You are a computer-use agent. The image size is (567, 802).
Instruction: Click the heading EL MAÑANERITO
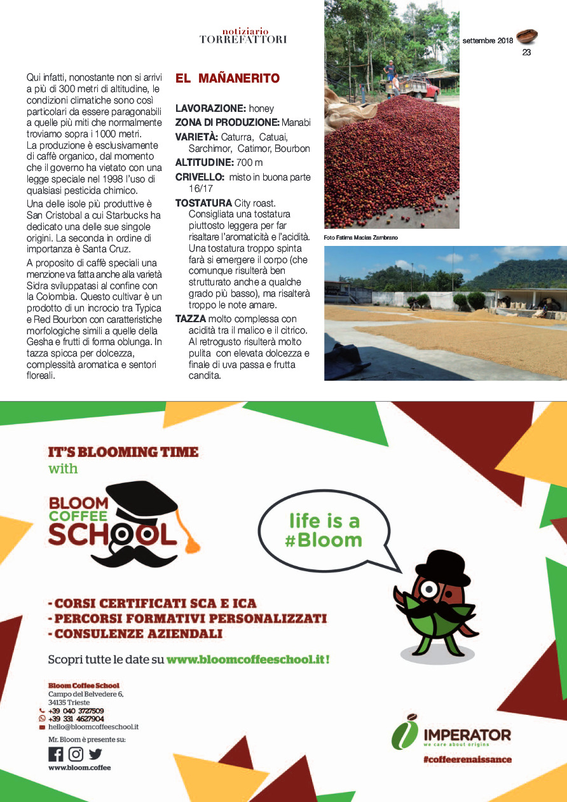pos(228,79)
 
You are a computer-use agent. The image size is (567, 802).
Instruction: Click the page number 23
pos(526,53)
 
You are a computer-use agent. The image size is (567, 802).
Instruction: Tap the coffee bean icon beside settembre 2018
pos(527,36)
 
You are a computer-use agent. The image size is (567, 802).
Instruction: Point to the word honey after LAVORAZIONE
pos(261,109)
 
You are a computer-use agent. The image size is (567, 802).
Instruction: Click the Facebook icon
pos(56,754)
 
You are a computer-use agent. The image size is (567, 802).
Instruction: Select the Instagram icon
pos(76,754)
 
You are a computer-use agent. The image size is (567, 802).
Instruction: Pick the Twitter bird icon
pos(95,754)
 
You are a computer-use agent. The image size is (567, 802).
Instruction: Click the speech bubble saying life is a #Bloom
pos(324,530)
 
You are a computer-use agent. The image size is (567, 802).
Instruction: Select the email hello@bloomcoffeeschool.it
pos(93,726)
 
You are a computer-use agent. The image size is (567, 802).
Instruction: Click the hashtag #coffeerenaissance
pos(467,759)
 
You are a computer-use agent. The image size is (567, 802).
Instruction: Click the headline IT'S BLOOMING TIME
pos(123,452)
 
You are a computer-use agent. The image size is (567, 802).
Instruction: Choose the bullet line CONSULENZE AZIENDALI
pos(135,634)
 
